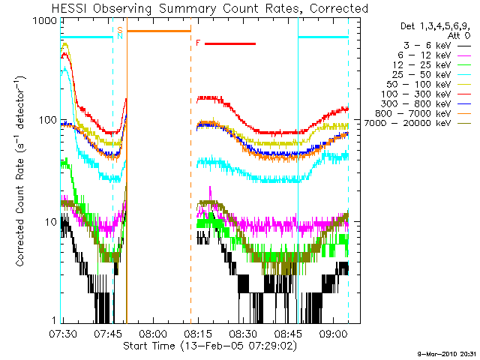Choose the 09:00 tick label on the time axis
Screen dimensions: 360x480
click(334, 332)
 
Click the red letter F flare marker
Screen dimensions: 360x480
click(198, 43)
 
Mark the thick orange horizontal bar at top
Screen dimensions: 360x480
click(159, 31)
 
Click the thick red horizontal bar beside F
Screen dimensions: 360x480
click(230, 43)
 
